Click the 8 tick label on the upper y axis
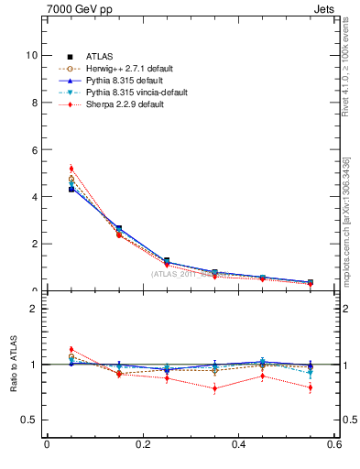pyautogui.click(x=34, y=103)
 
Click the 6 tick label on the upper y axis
pyautogui.click(x=34, y=149)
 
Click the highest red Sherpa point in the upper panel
pyautogui.click(x=71, y=169)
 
